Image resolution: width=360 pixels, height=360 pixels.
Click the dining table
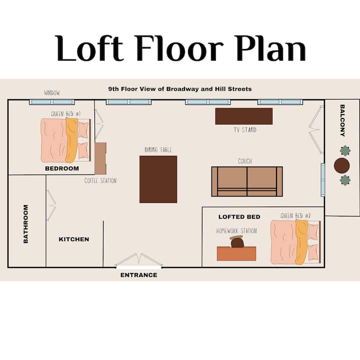click(158, 179)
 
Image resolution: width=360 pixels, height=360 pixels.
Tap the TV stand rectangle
click(244, 116)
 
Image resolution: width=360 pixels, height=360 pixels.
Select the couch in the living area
click(247, 181)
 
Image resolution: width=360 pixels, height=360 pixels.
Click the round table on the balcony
click(341, 165)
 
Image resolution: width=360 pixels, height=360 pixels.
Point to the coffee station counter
click(100, 158)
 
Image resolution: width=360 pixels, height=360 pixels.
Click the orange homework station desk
click(236, 253)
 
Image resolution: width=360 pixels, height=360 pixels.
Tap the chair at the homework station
click(237, 242)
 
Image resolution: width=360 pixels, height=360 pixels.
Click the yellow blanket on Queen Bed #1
click(71, 140)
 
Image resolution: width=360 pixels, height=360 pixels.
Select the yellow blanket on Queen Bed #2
click(301, 242)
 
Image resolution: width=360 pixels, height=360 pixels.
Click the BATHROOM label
click(25, 224)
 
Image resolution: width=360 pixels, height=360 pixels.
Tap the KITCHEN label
click(74, 239)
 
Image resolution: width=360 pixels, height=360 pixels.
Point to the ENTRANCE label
click(139, 275)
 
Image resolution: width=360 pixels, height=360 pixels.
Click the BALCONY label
click(342, 120)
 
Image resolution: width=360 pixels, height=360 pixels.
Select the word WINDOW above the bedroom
click(52, 93)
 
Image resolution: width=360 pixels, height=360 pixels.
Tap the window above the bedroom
click(52, 102)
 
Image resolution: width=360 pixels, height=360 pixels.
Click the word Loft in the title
click(89, 48)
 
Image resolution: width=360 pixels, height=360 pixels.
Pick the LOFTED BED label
click(239, 217)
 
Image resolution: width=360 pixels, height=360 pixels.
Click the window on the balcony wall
click(323, 180)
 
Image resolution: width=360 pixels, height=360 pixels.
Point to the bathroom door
click(51, 205)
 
